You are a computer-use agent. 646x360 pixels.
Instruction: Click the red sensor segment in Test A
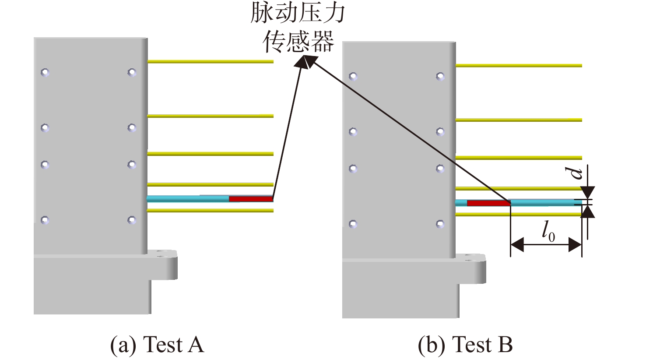(x=251, y=199)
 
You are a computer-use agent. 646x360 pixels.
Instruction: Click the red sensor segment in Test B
(x=489, y=203)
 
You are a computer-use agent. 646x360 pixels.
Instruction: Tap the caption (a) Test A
(x=158, y=344)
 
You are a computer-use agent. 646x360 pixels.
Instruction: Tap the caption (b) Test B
(x=465, y=344)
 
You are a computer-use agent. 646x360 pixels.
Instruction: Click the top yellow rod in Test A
(x=210, y=61)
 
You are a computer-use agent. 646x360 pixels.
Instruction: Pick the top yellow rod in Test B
(x=519, y=66)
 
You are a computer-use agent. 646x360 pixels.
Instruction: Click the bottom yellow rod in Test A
(x=210, y=211)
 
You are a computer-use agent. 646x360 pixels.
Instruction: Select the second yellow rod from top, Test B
(x=519, y=120)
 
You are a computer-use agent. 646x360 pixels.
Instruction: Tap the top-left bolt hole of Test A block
(x=45, y=72)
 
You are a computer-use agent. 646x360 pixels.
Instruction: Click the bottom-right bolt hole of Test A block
(x=132, y=220)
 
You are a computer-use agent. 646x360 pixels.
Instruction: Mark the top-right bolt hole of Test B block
(x=440, y=76)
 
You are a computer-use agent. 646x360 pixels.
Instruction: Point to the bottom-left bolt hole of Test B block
(x=353, y=224)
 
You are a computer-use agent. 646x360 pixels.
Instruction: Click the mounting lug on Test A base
(x=163, y=265)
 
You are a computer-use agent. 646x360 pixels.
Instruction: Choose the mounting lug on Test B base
(x=471, y=269)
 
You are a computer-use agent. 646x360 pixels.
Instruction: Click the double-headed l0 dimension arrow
(x=546, y=245)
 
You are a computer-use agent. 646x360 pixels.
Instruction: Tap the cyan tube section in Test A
(x=188, y=199)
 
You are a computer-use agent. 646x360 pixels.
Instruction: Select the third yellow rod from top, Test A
(x=210, y=154)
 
